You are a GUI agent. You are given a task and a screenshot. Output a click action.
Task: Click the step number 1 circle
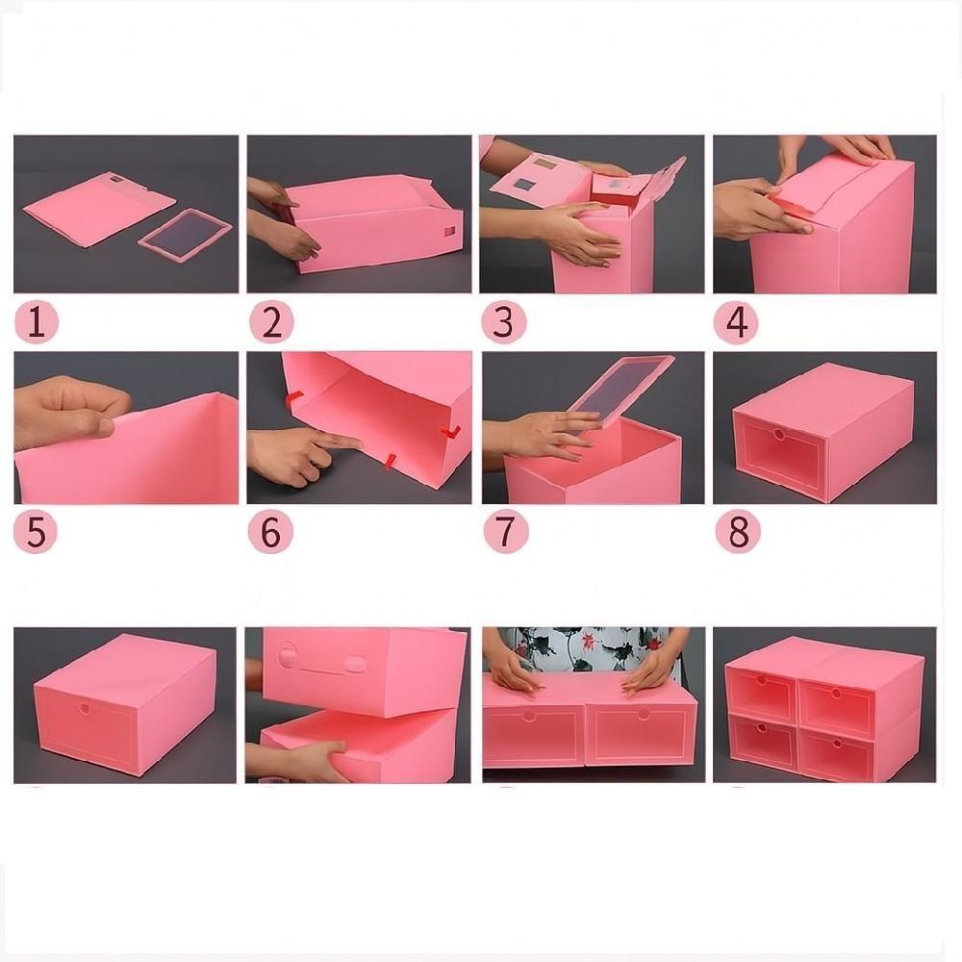coord(36,322)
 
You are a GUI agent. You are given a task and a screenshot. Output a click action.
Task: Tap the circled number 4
coord(736,322)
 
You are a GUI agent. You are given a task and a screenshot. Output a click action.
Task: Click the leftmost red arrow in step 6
coord(295,397)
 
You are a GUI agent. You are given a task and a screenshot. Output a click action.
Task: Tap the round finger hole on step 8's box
coord(776,435)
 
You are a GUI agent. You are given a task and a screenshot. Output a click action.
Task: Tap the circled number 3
coord(503,322)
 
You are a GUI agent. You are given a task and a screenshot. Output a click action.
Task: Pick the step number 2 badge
coord(271,322)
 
